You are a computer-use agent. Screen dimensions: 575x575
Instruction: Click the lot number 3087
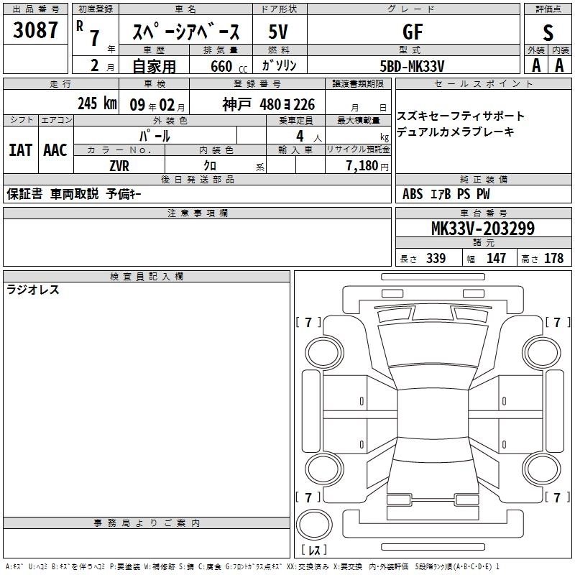coord(35,30)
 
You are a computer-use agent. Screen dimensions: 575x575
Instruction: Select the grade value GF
coord(413,32)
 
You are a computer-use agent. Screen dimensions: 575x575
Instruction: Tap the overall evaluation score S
coord(548,32)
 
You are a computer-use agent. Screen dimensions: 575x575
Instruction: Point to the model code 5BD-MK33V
coord(412,66)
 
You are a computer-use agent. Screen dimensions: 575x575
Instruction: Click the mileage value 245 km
coord(97,103)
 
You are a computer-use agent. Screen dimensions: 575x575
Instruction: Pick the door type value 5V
coord(278,32)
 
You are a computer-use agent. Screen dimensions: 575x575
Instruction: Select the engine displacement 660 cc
coord(229,66)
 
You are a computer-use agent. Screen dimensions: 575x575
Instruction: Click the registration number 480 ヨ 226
coord(287,104)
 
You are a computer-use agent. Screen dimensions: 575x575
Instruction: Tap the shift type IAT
coord(21,150)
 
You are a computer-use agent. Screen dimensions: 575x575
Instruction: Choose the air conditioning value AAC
coord(55,150)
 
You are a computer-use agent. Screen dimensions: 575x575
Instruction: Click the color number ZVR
coord(119,166)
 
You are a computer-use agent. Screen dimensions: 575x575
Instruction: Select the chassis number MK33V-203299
coord(483,229)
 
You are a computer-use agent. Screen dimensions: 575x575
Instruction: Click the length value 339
coord(436,258)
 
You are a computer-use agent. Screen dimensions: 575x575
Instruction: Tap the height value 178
coord(553,258)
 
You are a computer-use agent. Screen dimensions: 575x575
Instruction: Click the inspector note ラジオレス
coord(33,290)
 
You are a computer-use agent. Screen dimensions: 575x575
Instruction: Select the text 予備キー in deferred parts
coord(124,194)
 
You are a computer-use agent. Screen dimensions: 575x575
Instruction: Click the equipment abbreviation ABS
coord(413,194)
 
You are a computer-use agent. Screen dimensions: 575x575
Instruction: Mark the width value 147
coord(496,258)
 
